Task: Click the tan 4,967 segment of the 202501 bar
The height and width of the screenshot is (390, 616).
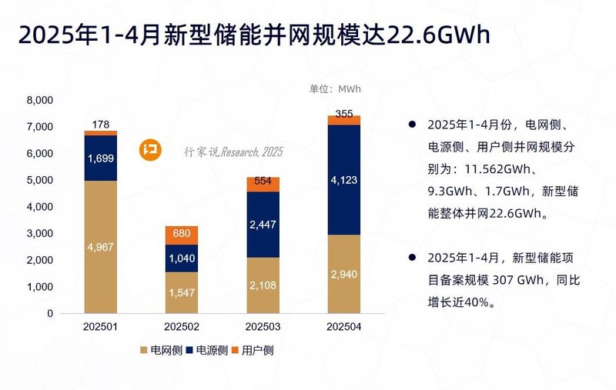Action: [101, 247]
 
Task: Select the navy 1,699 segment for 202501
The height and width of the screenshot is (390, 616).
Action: [101, 158]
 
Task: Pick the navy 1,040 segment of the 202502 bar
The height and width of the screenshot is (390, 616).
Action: [182, 258]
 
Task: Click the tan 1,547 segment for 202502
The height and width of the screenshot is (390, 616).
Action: [182, 293]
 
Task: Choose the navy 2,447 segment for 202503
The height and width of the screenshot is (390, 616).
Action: [263, 225]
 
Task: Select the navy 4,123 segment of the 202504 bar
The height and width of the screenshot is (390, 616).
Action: [343, 180]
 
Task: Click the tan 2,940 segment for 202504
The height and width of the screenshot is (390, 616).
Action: [343, 275]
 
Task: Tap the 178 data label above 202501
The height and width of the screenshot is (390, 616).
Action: [101, 124]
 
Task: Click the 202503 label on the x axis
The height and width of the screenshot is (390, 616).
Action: [263, 326]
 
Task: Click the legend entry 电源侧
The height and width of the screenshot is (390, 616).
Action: [209, 351]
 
